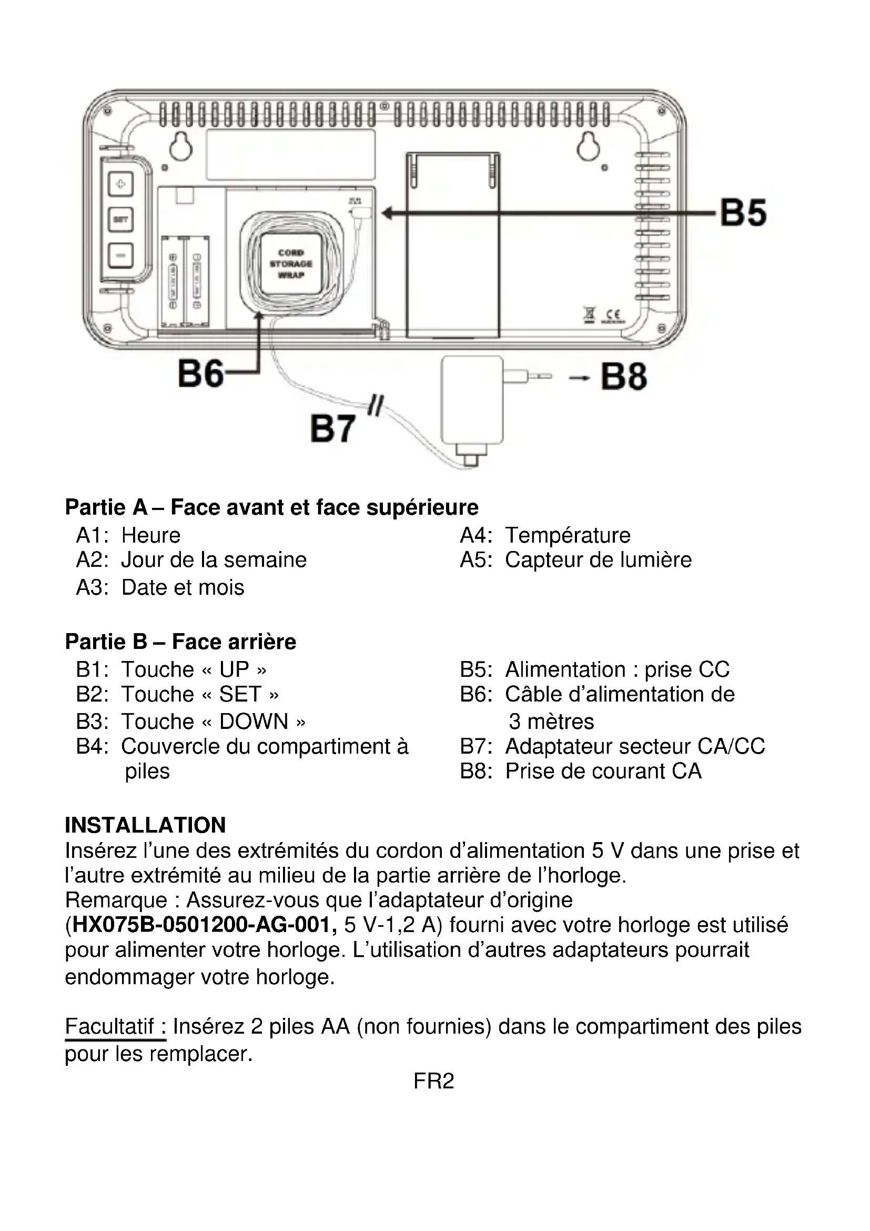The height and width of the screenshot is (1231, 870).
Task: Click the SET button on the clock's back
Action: coord(120,220)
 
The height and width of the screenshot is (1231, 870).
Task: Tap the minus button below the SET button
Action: coord(120,255)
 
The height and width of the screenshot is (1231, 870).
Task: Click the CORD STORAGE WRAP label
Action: coord(291,264)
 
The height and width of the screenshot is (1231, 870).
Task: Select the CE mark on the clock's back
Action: coord(611,316)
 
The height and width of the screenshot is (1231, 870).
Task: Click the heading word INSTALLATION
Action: coord(145,825)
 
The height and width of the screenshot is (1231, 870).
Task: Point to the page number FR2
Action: coord(433,1081)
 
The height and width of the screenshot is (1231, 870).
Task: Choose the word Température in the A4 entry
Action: coord(568,535)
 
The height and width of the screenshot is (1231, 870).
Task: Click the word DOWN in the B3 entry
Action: coord(254,722)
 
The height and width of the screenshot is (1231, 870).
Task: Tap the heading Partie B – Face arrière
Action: coord(180,641)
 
